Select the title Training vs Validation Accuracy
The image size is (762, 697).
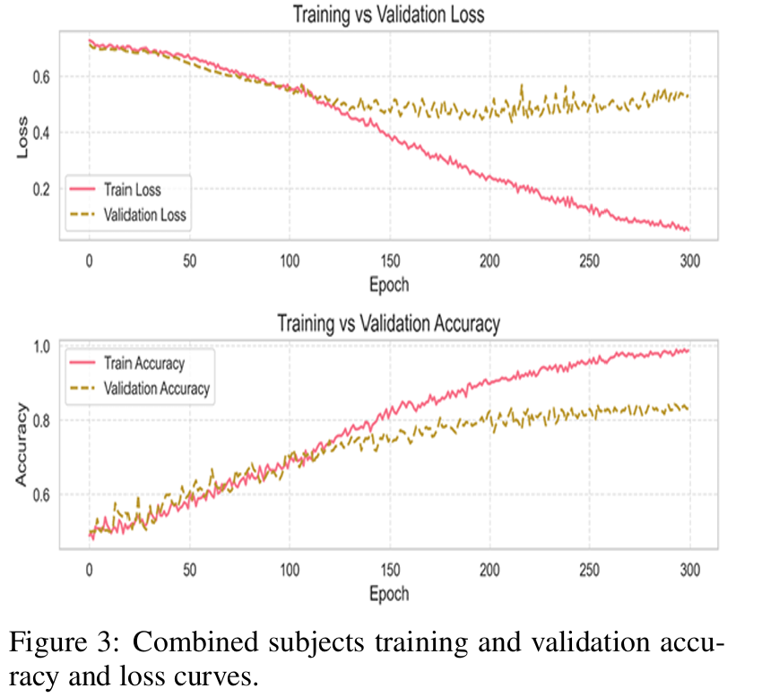pos(387,323)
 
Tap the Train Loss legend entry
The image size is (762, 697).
pos(132,189)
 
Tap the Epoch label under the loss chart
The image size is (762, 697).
pos(388,285)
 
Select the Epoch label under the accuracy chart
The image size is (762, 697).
pos(388,593)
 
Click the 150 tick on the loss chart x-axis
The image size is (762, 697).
pos(388,261)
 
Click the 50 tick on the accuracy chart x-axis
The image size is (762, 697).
pos(188,569)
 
